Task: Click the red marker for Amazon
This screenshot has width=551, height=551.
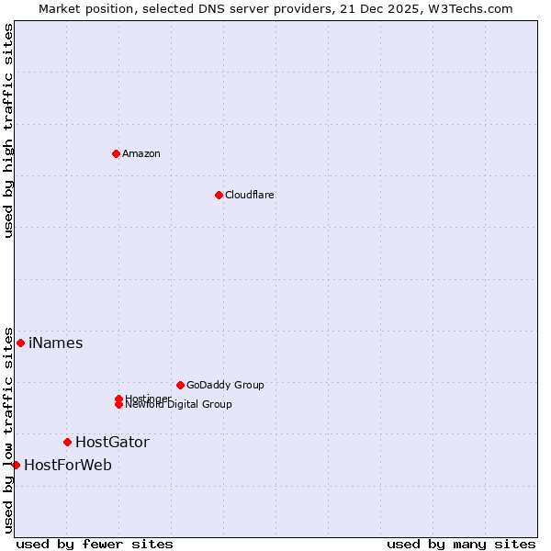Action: point(116,153)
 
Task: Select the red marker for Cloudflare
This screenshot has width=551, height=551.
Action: point(219,195)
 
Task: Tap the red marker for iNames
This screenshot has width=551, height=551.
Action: point(20,343)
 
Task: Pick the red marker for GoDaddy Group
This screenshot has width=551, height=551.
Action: point(180,385)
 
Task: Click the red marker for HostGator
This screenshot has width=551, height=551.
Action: point(67,443)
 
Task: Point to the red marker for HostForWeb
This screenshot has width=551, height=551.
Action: point(16,465)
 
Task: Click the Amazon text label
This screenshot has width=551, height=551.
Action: point(141,153)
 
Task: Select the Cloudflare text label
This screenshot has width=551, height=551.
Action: point(250,195)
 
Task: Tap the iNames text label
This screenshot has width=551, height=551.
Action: point(56,343)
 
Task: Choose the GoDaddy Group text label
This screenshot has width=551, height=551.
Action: point(225,385)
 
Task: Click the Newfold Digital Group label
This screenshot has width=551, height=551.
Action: point(179,404)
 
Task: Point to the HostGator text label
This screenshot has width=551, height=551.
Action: point(112,443)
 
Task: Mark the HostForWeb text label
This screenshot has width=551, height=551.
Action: point(68,466)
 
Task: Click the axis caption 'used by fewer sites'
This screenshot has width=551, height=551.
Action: point(95,545)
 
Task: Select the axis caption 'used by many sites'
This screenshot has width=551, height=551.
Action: point(461,545)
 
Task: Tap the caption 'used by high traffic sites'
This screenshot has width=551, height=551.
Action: point(9,130)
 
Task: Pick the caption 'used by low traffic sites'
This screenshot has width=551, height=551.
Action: point(9,430)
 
